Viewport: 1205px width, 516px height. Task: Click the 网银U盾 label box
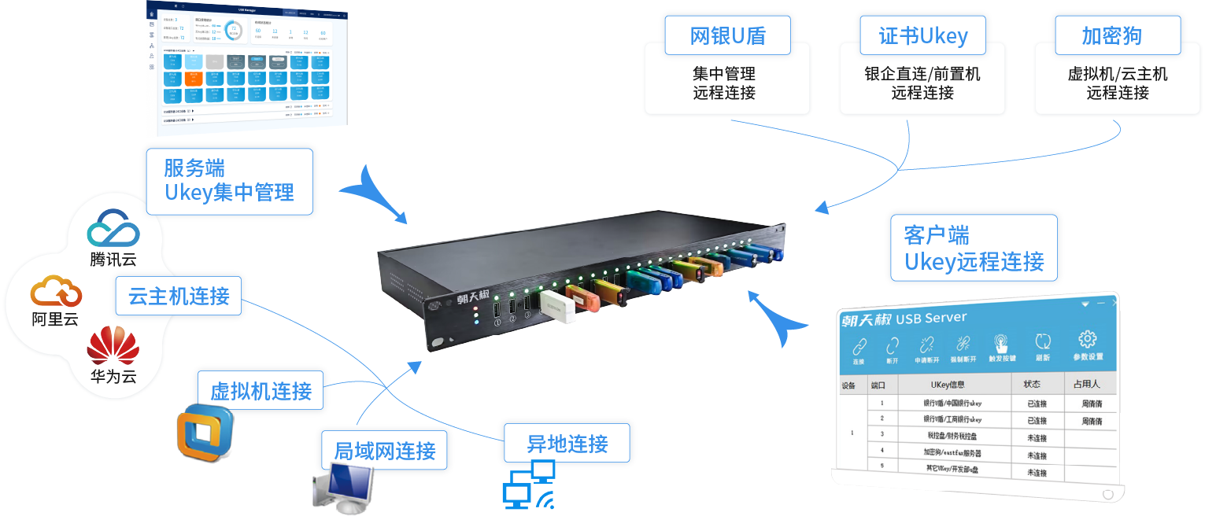pos(727,36)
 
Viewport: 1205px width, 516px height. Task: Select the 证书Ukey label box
pos(922,36)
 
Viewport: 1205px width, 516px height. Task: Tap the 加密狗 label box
pos(1111,36)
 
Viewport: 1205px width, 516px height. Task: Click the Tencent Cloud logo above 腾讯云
pos(113,230)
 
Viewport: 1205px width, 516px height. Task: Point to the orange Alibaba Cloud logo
pos(56,292)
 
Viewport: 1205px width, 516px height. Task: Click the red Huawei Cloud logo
pos(113,347)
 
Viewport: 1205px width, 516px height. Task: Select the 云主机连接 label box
pos(179,296)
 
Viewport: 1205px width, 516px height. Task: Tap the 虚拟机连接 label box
pos(261,391)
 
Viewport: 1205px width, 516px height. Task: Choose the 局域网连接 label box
pos(385,451)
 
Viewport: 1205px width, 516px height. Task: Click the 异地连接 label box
pos(567,444)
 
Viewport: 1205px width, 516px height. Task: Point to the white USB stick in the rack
pos(557,309)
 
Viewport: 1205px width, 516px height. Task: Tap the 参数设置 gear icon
pos(1088,343)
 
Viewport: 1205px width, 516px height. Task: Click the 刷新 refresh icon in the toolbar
pos(1043,345)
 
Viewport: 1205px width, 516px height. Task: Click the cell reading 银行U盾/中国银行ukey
pos(952,404)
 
